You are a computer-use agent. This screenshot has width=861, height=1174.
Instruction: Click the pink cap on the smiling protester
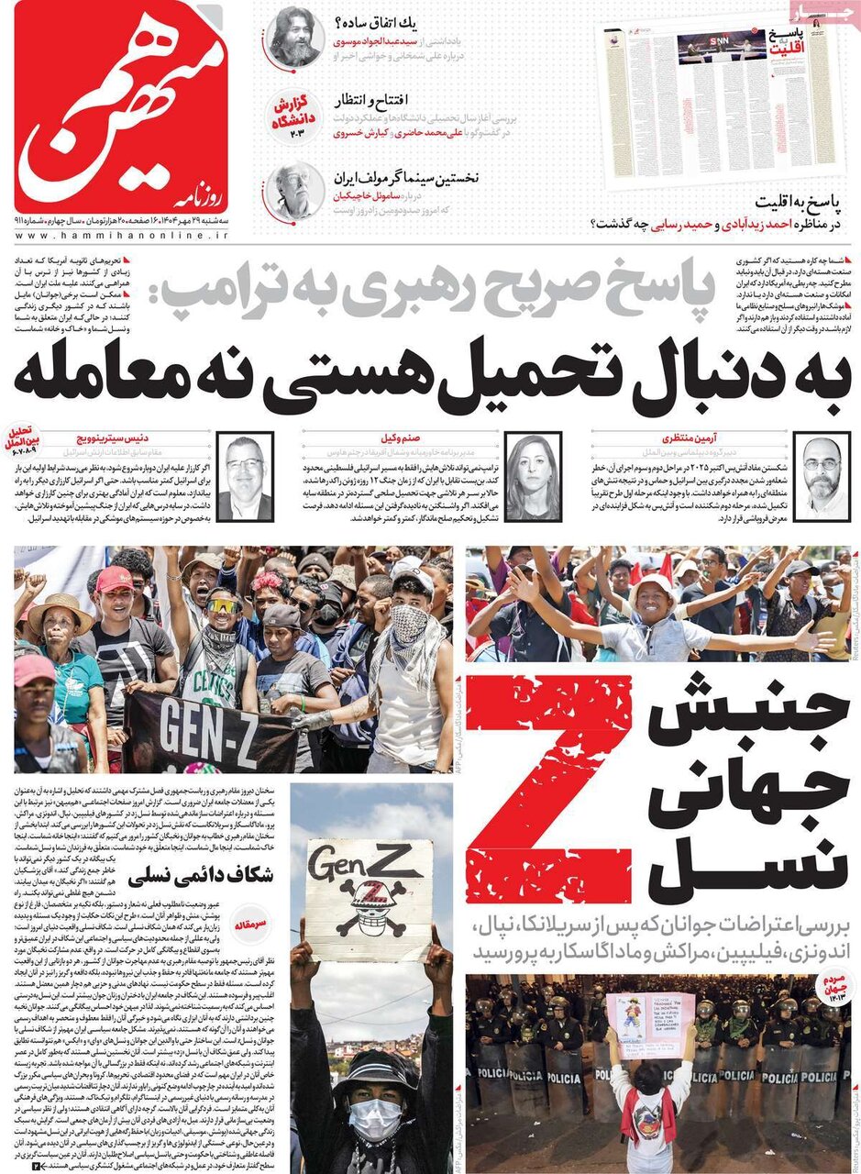click(x=114, y=579)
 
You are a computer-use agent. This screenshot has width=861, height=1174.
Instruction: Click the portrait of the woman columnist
click(x=533, y=476)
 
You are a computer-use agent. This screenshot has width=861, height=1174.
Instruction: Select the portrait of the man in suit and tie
click(x=245, y=478)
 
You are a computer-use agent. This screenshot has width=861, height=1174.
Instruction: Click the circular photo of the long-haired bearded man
click(x=295, y=35)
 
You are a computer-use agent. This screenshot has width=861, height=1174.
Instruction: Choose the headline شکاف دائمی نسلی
click(x=198, y=876)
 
